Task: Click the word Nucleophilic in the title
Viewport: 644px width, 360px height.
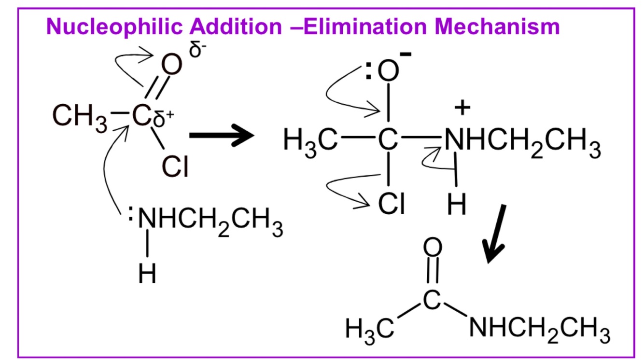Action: point(114,27)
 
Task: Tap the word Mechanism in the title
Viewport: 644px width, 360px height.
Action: point(497,27)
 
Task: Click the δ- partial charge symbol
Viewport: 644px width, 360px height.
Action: point(197,49)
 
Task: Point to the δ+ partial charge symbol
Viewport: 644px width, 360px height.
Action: point(163,118)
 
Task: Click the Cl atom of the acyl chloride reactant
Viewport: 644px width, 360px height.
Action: point(175,166)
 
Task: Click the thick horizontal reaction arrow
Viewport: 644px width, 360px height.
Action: point(222,135)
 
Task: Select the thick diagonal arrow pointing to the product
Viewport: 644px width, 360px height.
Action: point(494,234)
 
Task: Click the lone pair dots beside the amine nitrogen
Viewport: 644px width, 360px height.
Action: point(130,213)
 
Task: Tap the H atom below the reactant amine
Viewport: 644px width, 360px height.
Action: point(147,273)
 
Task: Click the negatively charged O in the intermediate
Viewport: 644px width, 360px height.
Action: point(388,70)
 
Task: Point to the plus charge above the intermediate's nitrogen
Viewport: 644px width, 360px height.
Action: point(462,108)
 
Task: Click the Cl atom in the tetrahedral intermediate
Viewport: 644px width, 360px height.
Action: point(392,204)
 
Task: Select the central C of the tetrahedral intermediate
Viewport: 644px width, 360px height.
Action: point(388,139)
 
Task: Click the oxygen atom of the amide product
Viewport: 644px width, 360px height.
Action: point(433,247)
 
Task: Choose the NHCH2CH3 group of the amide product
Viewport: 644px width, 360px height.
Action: point(539,330)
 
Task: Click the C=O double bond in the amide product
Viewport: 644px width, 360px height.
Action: point(433,270)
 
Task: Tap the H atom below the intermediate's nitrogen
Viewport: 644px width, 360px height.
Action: point(457,204)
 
